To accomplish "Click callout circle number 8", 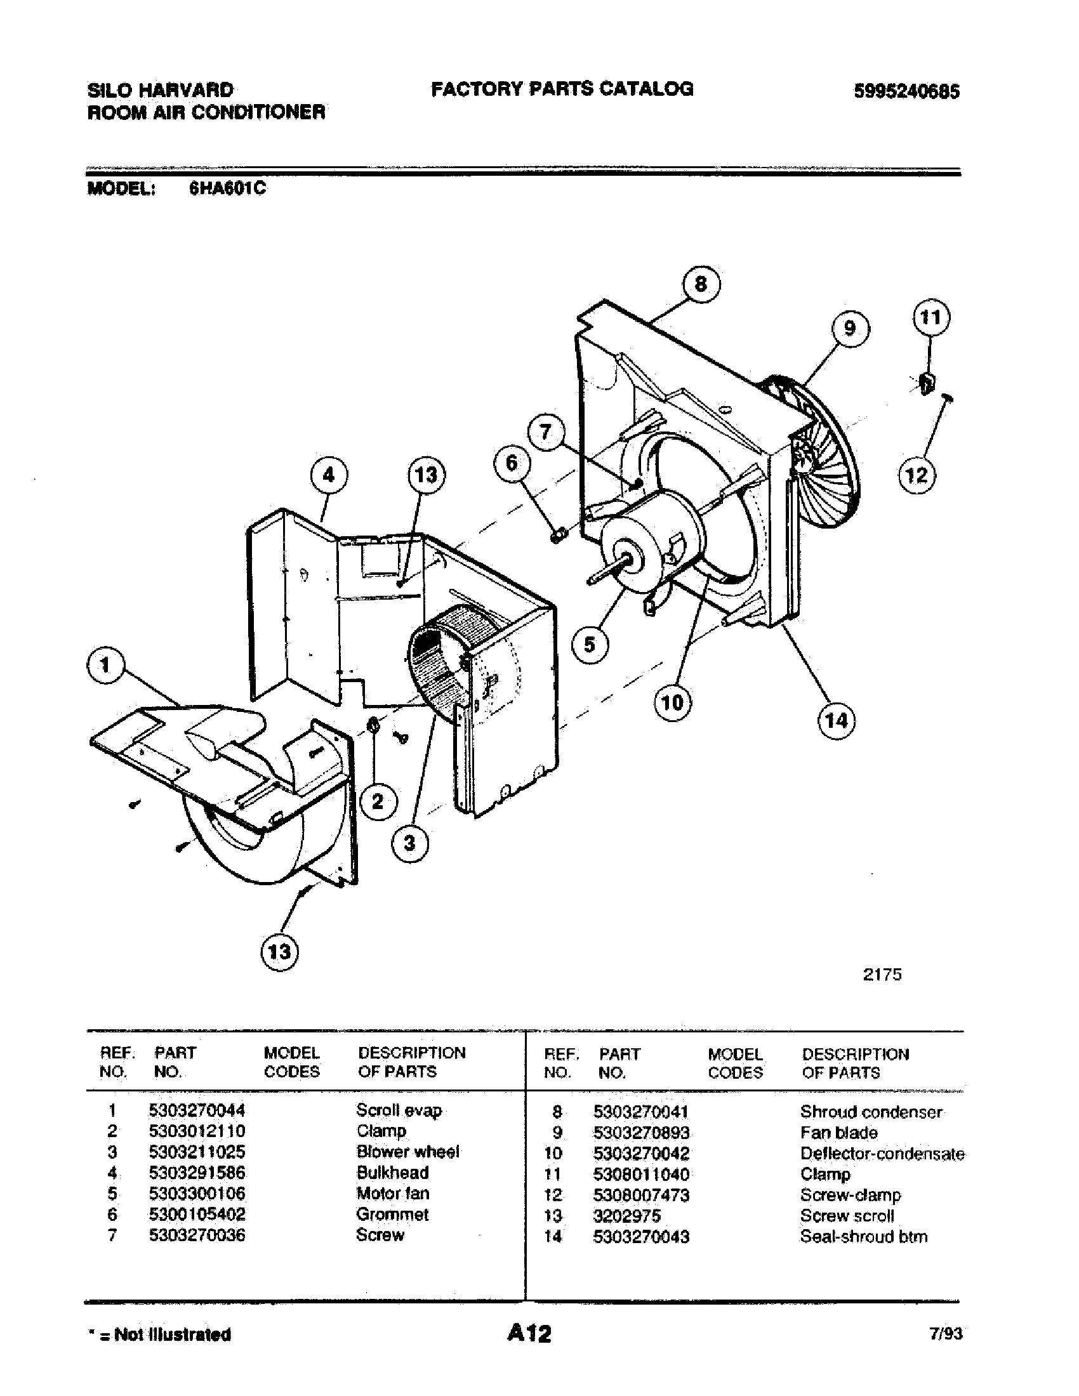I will [x=701, y=283].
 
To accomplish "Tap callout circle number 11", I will [x=930, y=317].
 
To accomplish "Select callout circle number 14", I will [x=836, y=720].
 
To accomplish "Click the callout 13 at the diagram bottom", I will [x=280, y=952].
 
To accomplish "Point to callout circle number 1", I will [x=105, y=666].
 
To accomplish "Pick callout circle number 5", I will [x=590, y=644].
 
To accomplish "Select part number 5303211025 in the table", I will [x=197, y=1152].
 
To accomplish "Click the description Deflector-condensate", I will [x=882, y=1154].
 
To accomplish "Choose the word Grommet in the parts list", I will [x=392, y=1215].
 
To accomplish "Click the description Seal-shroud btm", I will [x=864, y=1237].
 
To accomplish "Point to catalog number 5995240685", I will [x=906, y=92].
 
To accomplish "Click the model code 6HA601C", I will [x=227, y=188].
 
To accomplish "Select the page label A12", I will [x=529, y=1333].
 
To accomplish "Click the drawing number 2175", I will [x=882, y=974].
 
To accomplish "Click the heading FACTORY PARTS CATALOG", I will [x=562, y=89].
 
